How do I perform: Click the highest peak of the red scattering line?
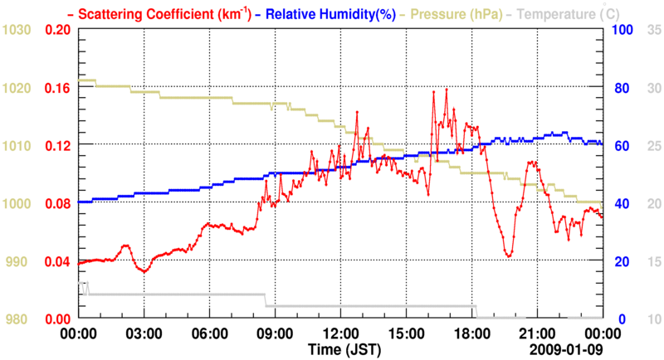pyautogui.click(x=447, y=89)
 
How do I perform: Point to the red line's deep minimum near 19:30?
pyautogui.click(x=508, y=255)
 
